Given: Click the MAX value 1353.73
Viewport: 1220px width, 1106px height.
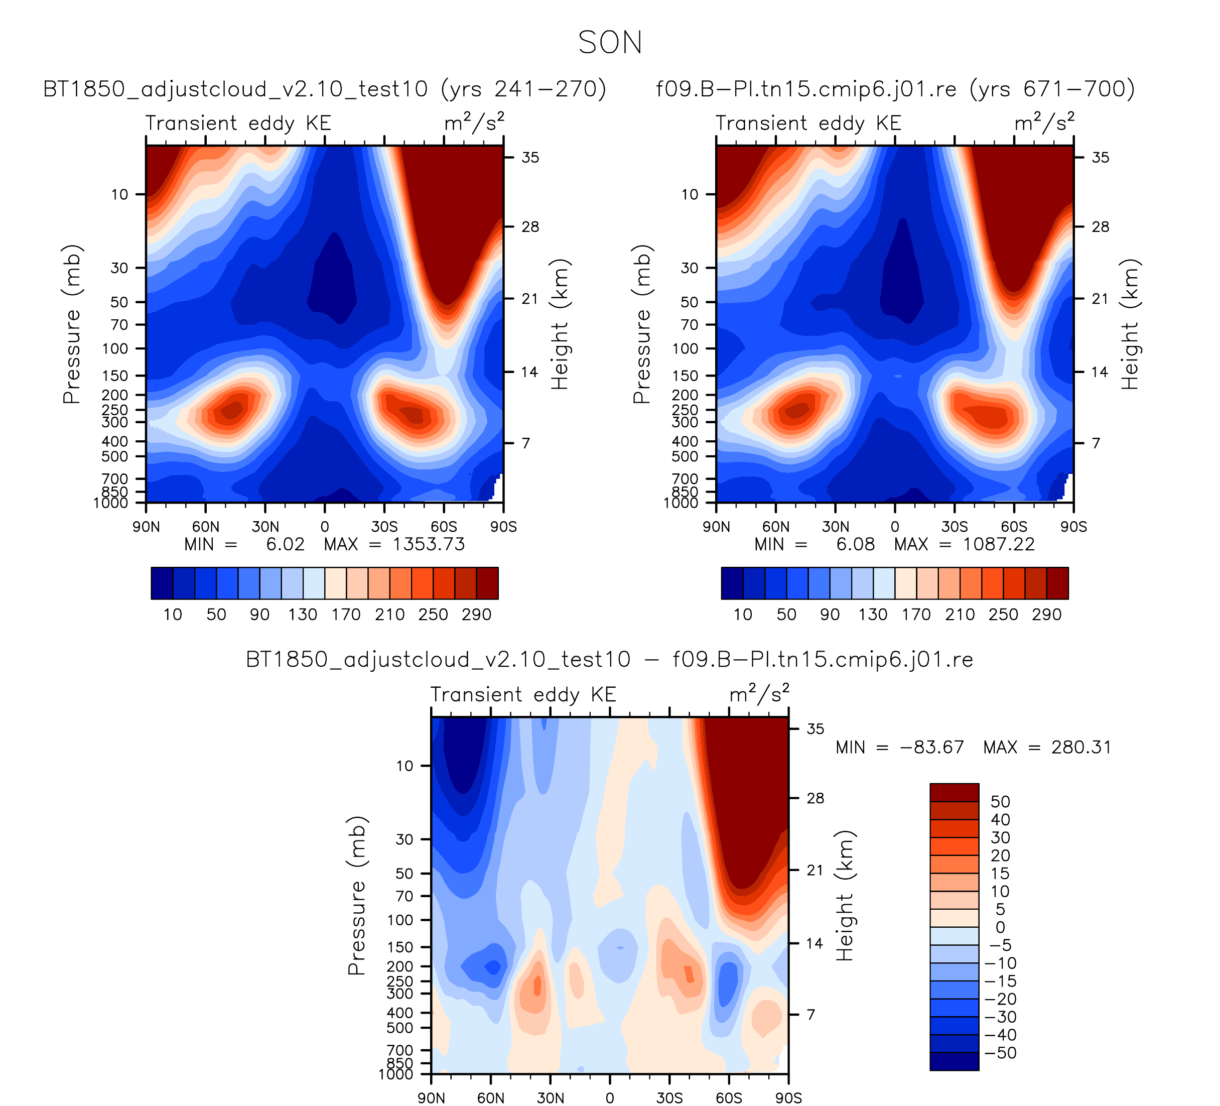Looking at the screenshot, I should tap(429, 544).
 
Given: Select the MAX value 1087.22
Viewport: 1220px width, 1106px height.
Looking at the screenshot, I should tap(999, 544).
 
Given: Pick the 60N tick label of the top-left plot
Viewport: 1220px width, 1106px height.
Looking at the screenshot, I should tap(206, 527).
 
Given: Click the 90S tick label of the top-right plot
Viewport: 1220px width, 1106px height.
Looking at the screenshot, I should tap(1073, 527).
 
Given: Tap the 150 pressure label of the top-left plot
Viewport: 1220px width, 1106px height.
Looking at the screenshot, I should tap(115, 376).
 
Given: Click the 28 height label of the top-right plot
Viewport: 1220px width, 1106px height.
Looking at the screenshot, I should tap(1100, 227).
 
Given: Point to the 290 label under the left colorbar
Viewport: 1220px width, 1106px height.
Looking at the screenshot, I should tap(476, 615).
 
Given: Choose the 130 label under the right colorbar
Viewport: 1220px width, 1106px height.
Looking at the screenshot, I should tap(873, 615).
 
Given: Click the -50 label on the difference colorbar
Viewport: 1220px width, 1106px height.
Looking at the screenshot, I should tap(1000, 1053).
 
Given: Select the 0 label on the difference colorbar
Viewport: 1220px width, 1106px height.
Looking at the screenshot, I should tap(1000, 927).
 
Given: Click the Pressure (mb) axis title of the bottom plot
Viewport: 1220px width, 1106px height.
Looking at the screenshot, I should tap(356, 896).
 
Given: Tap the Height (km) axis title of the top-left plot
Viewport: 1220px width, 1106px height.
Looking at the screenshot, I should tap(559, 324).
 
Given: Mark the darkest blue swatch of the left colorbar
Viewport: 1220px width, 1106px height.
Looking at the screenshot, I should tap(162, 583).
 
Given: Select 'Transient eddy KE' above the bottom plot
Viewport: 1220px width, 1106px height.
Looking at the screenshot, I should tap(523, 694).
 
